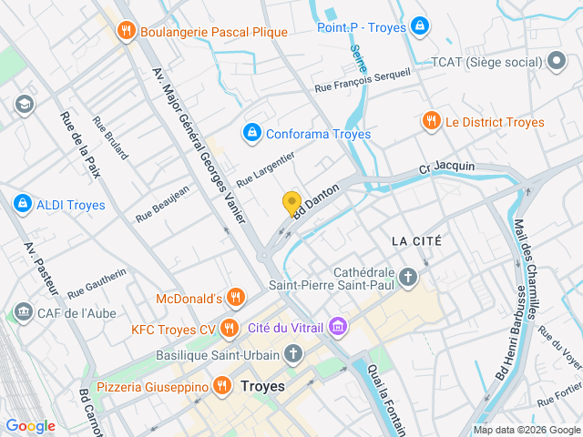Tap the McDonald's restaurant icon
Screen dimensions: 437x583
tap(236, 298)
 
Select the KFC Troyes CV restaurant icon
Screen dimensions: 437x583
tap(228, 327)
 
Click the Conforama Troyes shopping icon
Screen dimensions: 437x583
tap(251, 134)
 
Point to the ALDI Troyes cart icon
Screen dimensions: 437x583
tap(22, 204)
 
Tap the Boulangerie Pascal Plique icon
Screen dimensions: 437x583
tap(127, 32)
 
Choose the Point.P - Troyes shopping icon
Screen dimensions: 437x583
tap(418, 26)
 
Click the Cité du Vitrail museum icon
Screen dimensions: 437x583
tap(338, 326)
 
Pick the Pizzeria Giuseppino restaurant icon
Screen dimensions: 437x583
tap(221, 387)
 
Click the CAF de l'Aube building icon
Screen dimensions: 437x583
tap(22, 313)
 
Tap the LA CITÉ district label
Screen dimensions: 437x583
tap(415, 241)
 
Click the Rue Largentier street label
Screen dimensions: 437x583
tap(265, 169)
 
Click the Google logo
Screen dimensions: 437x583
tap(30, 426)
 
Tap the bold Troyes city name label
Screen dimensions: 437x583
tap(262, 386)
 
